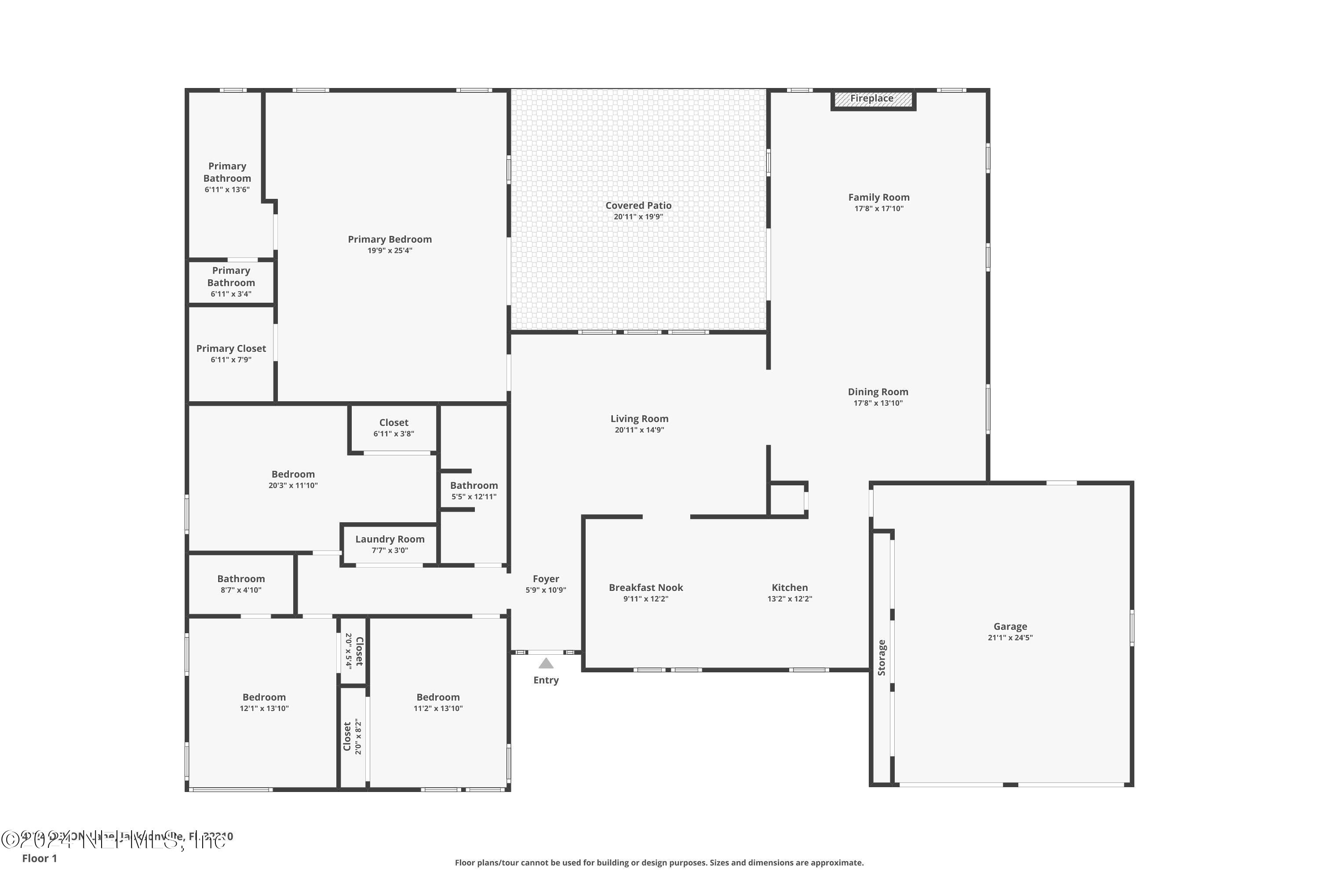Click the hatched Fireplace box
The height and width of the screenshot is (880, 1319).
(x=873, y=99)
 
